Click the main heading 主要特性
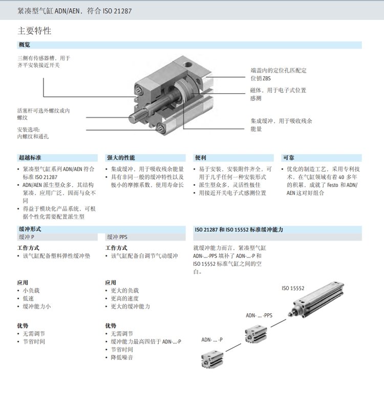coord(34,31)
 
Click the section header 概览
coord(25,45)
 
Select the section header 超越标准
coord(30,158)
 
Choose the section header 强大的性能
coord(121,158)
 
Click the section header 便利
coord(200,158)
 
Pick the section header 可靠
coord(289,158)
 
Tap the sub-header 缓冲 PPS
coord(117,237)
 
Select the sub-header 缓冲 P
coord(27,237)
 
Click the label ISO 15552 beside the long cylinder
coord(293,288)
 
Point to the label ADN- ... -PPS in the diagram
coord(259,315)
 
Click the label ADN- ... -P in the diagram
coord(212,340)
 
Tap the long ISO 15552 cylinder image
coord(316,299)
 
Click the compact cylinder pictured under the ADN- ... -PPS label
coord(256,334)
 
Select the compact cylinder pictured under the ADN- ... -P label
coord(212,360)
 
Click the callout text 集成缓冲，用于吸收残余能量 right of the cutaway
coord(281,125)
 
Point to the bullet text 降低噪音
coord(122,357)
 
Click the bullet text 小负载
coord(31,291)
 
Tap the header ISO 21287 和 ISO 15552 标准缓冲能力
coord(239,230)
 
